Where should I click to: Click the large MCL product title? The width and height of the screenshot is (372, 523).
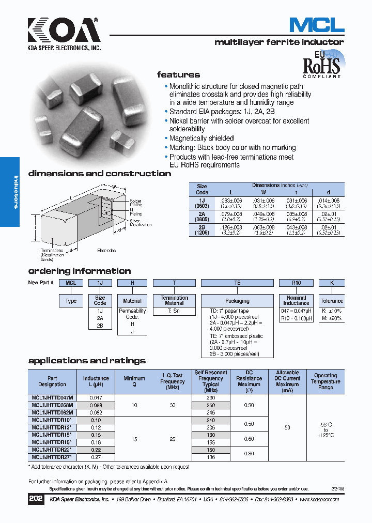[316, 25]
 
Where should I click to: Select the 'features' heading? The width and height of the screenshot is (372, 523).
[178, 74]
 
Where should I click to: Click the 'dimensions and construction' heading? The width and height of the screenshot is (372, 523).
[100, 174]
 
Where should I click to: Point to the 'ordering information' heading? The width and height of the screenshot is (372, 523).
[79, 271]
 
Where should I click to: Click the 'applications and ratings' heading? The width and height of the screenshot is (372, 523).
[87, 361]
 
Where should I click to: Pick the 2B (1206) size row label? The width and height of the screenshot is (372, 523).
[202, 230]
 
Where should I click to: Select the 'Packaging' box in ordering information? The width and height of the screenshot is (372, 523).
[237, 301]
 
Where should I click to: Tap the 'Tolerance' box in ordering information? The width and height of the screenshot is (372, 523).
[331, 301]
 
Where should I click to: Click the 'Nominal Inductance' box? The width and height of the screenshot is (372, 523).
[296, 300]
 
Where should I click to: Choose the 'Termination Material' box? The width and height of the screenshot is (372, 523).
[174, 300]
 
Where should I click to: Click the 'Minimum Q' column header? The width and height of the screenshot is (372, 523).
[134, 381]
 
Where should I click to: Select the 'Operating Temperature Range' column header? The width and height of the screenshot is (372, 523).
[326, 381]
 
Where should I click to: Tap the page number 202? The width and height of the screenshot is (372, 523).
[36, 499]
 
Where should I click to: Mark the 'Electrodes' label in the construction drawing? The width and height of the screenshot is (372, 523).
[107, 251]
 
